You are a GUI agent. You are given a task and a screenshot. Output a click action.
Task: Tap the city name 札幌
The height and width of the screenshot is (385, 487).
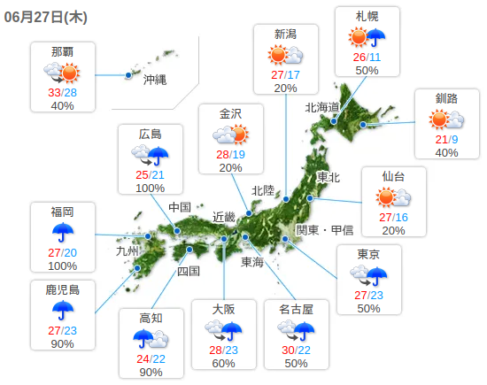point(367,17)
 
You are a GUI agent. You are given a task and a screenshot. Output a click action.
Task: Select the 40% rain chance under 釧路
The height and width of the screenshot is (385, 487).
point(446,153)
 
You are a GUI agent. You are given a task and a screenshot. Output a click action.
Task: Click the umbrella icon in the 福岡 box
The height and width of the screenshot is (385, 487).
point(62,233)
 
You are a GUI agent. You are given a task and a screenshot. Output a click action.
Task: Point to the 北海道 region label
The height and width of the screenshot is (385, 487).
point(323,107)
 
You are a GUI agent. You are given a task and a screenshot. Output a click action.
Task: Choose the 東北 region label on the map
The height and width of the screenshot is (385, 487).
point(328,177)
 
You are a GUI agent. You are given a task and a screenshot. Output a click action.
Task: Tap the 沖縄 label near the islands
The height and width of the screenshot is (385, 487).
point(156,79)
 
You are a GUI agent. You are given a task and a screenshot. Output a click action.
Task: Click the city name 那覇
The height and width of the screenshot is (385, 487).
point(63,50)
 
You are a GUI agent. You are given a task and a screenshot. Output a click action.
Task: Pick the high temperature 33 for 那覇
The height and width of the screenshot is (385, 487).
point(55,91)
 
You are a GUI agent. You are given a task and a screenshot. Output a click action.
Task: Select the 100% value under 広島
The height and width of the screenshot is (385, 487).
point(151,188)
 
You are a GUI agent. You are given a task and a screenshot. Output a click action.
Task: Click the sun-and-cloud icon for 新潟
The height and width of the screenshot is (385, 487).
point(285,55)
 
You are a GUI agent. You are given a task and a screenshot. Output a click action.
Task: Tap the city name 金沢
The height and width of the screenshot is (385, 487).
point(230,112)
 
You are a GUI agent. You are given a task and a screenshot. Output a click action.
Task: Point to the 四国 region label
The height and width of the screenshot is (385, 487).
point(189,271)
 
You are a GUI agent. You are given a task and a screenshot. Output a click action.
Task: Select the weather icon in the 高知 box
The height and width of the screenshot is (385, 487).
point(151,338)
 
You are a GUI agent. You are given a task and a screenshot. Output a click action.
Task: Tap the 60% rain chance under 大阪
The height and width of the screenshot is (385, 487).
point(224,364)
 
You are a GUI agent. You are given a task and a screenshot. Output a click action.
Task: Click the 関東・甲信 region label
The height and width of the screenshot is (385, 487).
point(324,230)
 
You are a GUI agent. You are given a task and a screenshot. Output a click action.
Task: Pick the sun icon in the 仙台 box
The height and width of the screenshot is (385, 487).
point(393,196)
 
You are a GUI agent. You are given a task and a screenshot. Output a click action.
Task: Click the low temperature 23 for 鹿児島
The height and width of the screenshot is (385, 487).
point(70,330)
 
